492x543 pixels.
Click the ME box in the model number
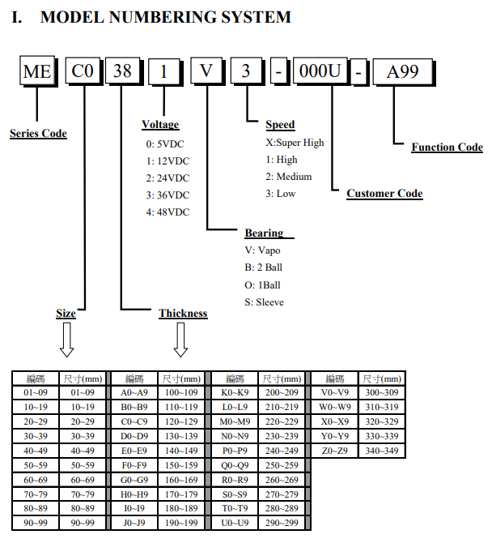[x=37, y=71]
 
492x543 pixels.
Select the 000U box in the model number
[x=320, y=71]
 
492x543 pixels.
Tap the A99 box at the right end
[x=403, y=72]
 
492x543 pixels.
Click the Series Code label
[x=38, y=134]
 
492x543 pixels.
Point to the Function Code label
[x=447, y=148]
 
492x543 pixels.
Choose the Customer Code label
[x=384, y=193]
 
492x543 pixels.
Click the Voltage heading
[x=160, y=124]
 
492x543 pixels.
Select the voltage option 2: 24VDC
[x=168, y=178]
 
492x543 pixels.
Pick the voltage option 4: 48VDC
[x=168, y=212]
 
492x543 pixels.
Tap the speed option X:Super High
[x=295, y=143]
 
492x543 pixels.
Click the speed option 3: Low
[x=281, y=194]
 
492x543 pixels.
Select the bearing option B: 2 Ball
[x=264, y=267]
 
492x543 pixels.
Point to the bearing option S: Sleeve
[x=264, y=302]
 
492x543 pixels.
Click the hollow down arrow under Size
[x=66, y=340]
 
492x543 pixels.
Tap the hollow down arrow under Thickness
[x=180, y=340]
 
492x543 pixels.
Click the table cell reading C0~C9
[x=134, y=421]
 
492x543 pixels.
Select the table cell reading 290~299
[x=282, y=523]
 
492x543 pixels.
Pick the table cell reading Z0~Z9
[x=335, y=451]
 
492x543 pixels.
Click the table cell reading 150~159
[x=181, y=465]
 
